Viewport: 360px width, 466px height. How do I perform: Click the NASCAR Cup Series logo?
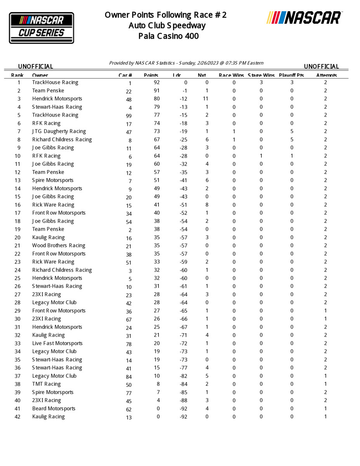[x=42, y=28]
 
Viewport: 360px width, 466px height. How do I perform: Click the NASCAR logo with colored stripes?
[x=304, y=18]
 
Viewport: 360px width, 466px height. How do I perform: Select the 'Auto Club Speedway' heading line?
[x=167, y=26]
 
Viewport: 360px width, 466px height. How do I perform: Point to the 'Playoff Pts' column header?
[x=291, y=75]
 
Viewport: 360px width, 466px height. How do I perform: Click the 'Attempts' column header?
[x=326, y=75]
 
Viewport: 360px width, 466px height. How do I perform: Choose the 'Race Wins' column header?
[x=231, y=75]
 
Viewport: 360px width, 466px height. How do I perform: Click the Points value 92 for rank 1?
[x=157, y=82]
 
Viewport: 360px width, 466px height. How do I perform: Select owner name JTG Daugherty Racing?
[x=59, y=131]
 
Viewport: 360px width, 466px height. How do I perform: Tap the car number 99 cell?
[x=129, y=116]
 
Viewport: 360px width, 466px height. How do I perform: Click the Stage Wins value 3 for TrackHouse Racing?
[x=261, y=82]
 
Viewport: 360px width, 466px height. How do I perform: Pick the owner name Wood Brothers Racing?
[x=59, y=245]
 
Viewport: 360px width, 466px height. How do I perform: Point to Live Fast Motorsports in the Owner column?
[x=57, y=343]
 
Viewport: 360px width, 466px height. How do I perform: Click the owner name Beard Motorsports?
[x=54, y=409]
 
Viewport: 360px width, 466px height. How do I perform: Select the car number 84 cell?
[x=129, y=377]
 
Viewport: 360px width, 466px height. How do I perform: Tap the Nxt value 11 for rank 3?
[x=206, y=99]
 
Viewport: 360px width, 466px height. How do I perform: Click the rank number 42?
[x=17, y=417]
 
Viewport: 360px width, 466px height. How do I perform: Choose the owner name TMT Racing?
[x=47, y=384]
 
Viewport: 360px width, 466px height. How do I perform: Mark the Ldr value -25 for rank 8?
[x=183, y=139]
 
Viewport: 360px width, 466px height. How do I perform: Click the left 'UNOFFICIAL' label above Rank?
[x=36, y=66]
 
